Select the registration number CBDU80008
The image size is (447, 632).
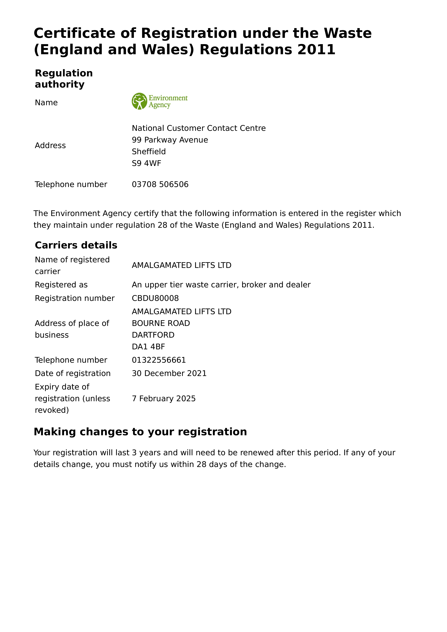click(x=155, y=298)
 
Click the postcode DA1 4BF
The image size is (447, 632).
click(x=148, y=347)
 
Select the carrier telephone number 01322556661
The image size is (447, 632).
click(x=159, y=360)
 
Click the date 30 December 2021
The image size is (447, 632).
click(x=169, y=373)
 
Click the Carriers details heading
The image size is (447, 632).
click(x=76, y=245)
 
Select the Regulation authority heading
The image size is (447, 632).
click(x=64, y=79)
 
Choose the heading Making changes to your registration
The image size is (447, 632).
click(x=140, y=432)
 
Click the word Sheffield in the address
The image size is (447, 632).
click(x=149, y=152)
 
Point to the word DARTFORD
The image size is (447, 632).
click(x=153, y=335)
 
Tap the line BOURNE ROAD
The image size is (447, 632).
click(x=161, y=323)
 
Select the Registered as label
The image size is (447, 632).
click(x=61, y=285)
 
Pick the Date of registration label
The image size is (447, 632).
click(x=73, y=373)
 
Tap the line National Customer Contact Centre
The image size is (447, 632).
click(x=199, y=128)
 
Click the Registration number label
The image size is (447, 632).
click(x=75, y=298)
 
